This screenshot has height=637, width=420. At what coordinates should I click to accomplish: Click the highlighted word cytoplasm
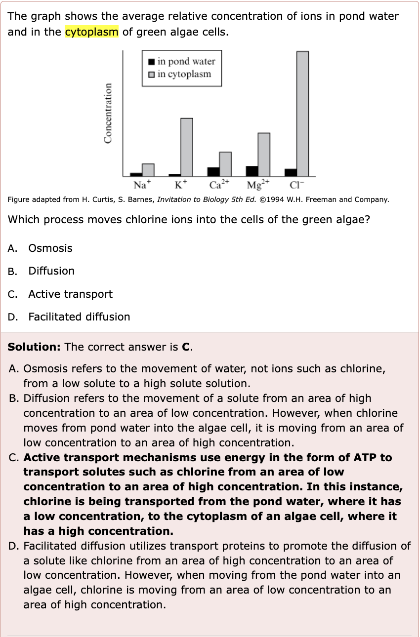[x=92, y=33]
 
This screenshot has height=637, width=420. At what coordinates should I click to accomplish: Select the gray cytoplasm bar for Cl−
[x=302, y=113]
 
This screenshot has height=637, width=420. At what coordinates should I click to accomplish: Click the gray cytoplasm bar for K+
[x=186, y=147]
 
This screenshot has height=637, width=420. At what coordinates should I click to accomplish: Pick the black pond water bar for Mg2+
[x=252, y=171]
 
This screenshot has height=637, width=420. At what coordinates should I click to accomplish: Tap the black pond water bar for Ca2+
[x=213, y=171]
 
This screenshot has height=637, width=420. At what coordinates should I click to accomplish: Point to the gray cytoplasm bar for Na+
[x=148, y=169]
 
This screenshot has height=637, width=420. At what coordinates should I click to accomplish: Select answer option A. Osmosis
[x=50, y=248]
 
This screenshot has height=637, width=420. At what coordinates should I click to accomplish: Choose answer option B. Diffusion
[x=51, y=271]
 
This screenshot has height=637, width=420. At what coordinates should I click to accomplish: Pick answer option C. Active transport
[x=70, y=294]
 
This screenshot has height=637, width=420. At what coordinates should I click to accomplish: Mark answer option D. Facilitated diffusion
[x=79, y=317]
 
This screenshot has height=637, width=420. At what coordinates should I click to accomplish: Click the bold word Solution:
[x=34, y=347]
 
